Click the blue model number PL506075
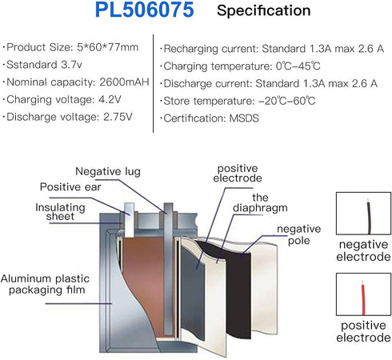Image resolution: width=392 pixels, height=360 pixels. [144, 10]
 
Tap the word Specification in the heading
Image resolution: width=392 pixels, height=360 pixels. [264, 11]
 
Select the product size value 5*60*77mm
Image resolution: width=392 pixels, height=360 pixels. [108, 47]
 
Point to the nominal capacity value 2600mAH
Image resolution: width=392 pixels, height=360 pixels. [124, 82]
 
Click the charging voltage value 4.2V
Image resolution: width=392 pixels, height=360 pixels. [110, 99]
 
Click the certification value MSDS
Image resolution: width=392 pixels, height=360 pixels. [244, 118]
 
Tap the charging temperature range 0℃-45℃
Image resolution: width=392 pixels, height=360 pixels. [298, 66]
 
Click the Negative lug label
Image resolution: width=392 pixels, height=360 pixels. [108, 172]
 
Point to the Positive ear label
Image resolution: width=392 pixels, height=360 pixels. [70, 187]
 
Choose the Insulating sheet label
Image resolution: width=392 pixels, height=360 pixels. [60, 212]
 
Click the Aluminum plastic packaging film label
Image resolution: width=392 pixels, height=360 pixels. [45, 284]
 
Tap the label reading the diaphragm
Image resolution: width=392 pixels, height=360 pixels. [260, 202]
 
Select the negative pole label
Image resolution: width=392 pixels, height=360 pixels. [299, 234]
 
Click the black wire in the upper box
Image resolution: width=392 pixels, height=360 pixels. [369, 217]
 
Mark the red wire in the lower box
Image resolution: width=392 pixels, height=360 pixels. [363, 298]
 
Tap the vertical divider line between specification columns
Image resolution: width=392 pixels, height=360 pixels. [154, 83]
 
